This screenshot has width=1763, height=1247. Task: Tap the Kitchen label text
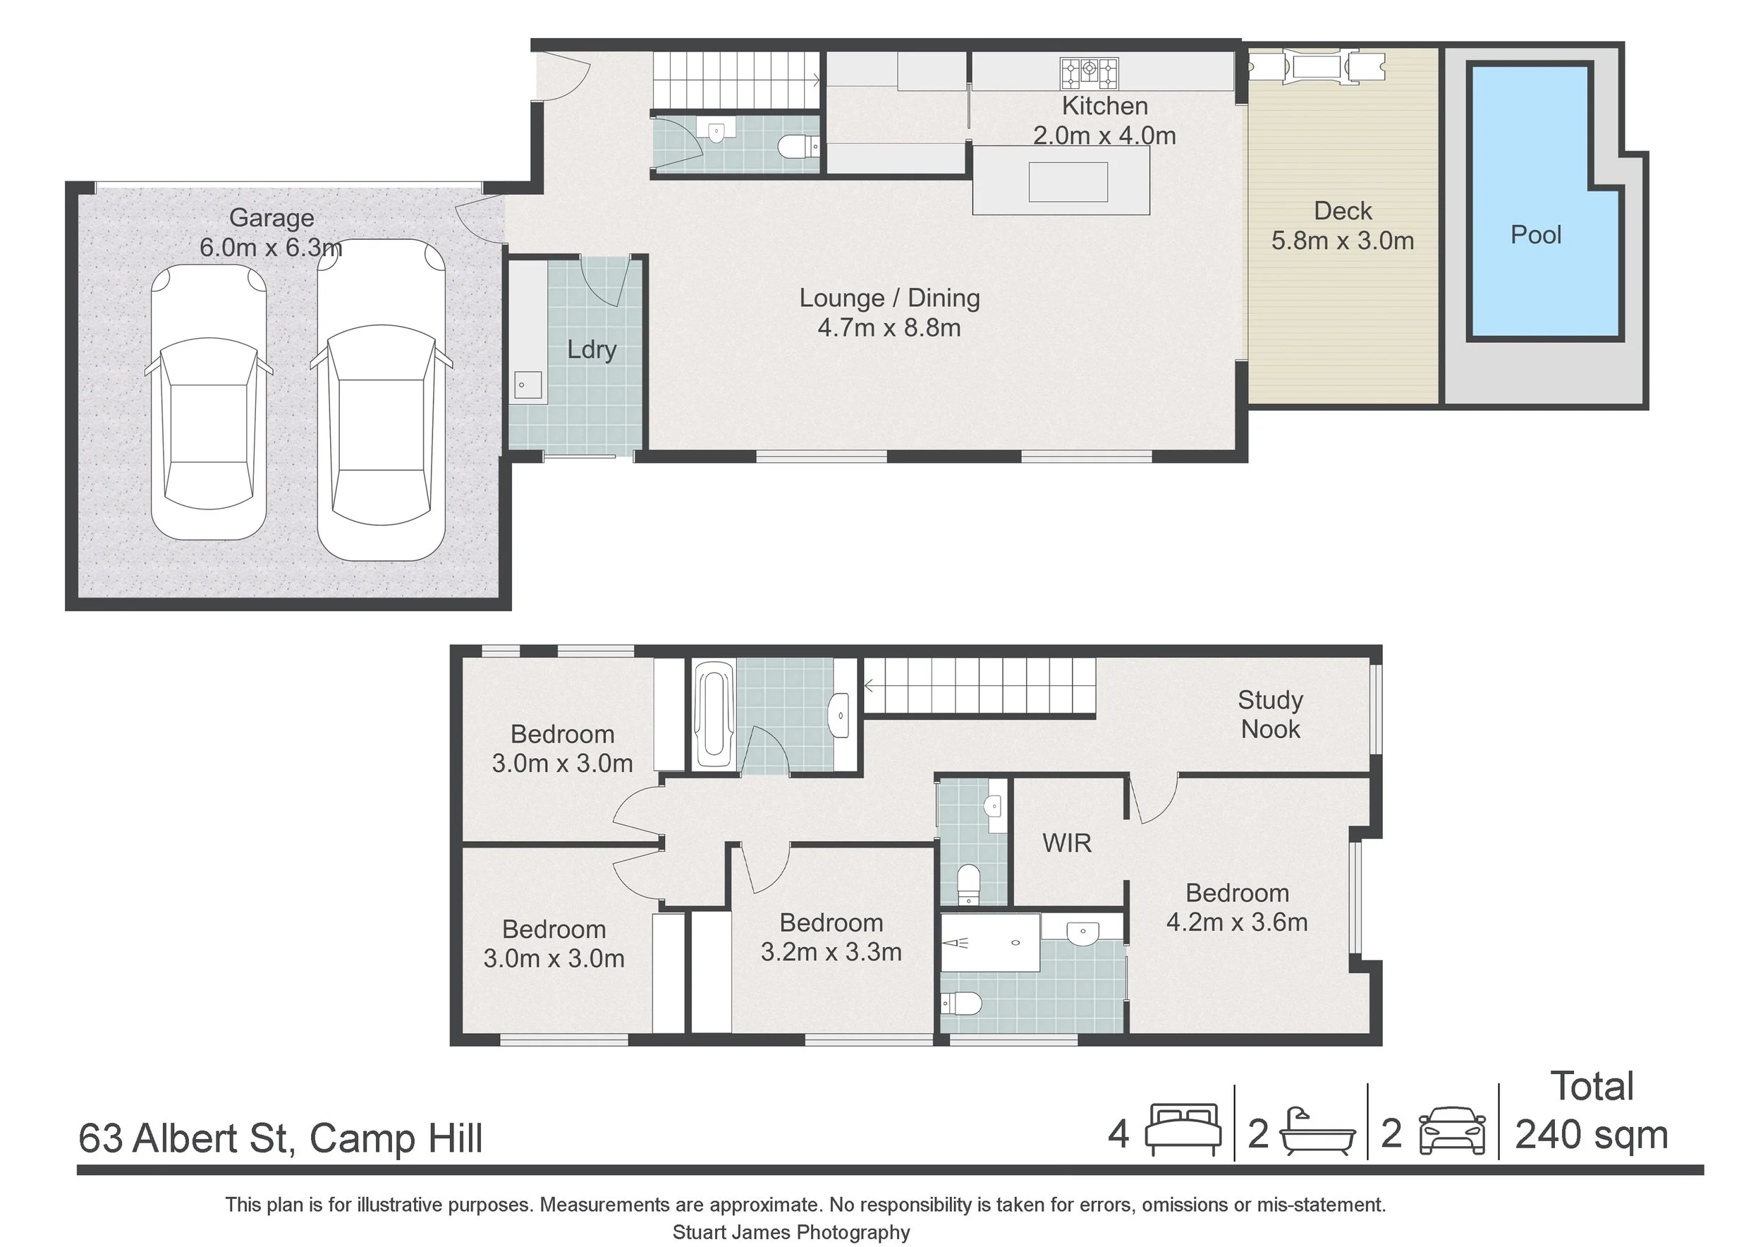tap(1104, 106)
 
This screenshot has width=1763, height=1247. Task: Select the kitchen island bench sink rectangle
tap(1068, 182)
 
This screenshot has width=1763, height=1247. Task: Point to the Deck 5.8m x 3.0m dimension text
tap(1342, 241)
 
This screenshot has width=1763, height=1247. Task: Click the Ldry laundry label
tap(591, 349)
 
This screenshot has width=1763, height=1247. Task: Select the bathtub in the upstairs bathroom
tap(714, 716)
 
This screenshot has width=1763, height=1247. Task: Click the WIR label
tap(1066, 843)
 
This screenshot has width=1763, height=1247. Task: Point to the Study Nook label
tap(1270, 715)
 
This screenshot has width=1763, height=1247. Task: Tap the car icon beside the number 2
tap(1451, 1131)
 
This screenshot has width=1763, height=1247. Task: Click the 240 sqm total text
tap(1591, 1135)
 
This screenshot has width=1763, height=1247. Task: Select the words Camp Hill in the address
tap(396, 1138)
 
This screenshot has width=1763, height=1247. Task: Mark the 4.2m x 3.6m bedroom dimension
tap(1236, 922)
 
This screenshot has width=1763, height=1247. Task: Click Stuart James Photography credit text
tap(791, 1232)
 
